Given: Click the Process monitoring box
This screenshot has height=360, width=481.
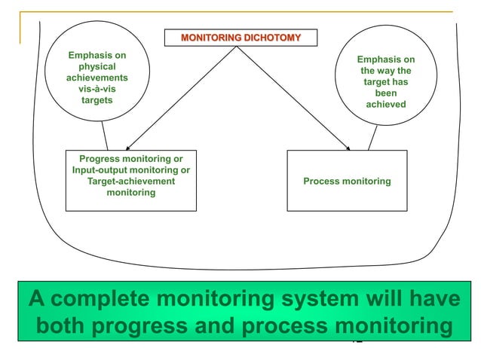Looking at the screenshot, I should point(347,181).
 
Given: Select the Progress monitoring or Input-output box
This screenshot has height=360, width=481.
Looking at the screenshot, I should point(130,181).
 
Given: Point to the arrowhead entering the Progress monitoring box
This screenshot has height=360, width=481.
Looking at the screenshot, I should point(127,148).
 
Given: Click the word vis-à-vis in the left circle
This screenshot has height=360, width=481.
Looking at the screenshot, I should point(97,89).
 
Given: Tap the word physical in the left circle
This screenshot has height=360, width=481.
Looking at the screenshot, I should point(97,66).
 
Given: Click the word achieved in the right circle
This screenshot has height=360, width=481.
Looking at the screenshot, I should point(385,105).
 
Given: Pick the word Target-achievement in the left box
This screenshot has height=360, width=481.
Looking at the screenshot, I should point(130,182).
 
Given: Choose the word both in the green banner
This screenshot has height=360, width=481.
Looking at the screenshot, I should point(63,327).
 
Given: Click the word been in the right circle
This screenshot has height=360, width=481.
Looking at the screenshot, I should point(385,93).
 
